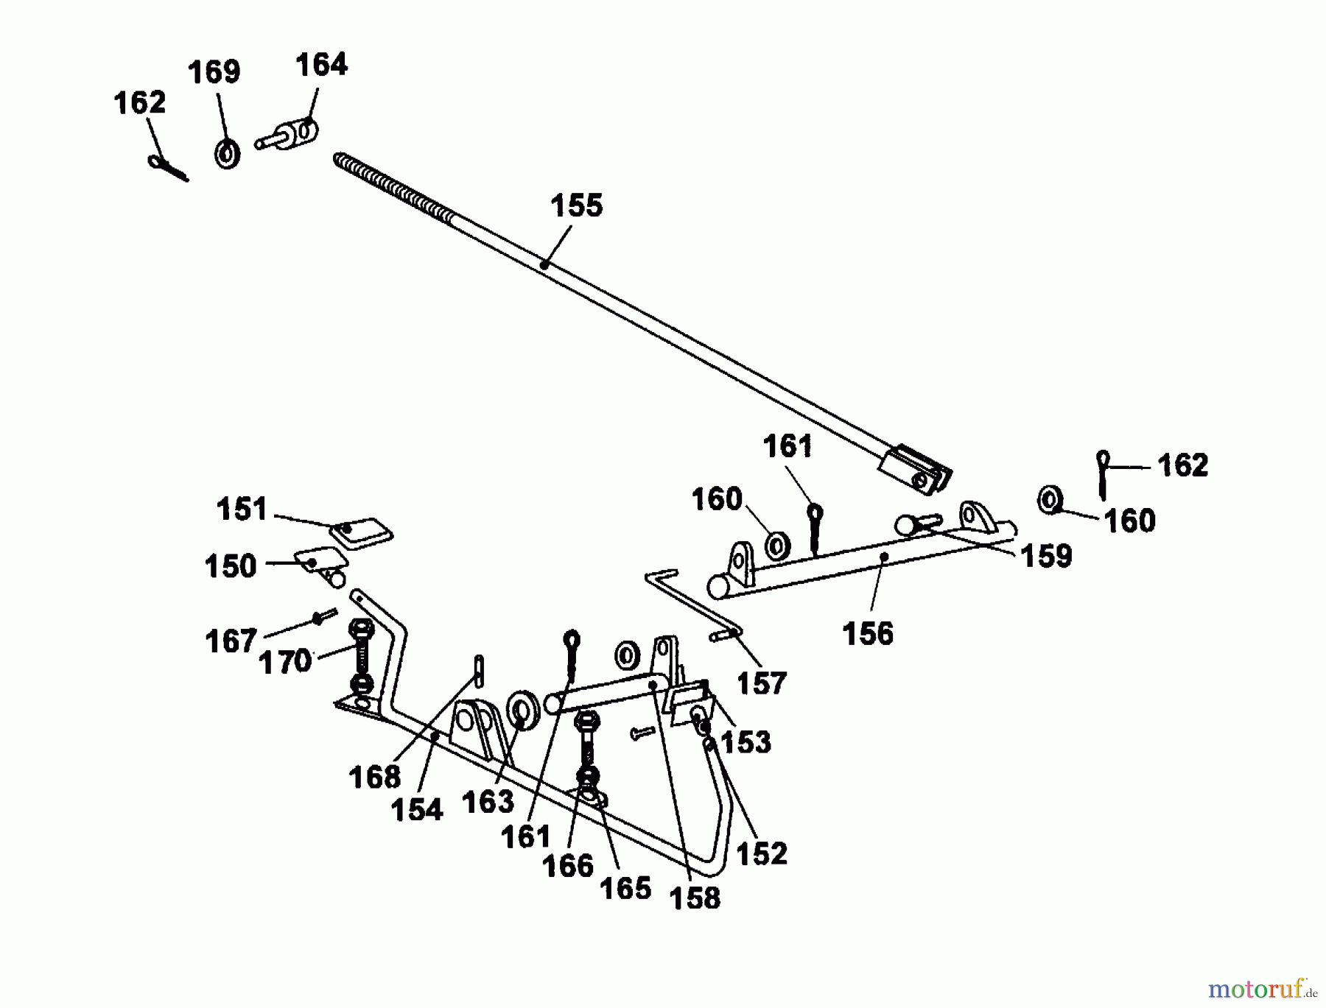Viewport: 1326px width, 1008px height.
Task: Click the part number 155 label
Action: pyautogui.click(x=576, y=205)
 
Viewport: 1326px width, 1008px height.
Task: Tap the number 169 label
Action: pyautogui.click(x=214, y=72)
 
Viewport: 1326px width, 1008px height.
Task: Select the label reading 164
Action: pyautogui.click(x=321, y=65)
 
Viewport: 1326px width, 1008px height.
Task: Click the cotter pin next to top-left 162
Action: pyautogui.click(x=169, y=168)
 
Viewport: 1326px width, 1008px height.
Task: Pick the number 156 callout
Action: pyautogui.click(x=867, y=633)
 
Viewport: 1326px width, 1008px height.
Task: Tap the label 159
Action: pyautogui.click(x=1046, y=557)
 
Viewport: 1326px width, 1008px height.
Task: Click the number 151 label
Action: pyautogui.click(x=242, y=509)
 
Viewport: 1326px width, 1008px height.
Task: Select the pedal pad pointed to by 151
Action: pyautogui.click(x=361, y=532)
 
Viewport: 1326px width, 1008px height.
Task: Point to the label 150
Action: pyautogui.click(x=230, y=566)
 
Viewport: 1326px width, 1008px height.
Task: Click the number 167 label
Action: pyautogui.click(x=231, y=641)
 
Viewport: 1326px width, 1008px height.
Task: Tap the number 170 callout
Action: pyautogui.click(x=285, y=662)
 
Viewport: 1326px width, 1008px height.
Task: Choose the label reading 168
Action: pyautogui.click(x=374, y=776)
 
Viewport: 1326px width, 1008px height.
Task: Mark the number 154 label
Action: pyautogui.click(x=416, y=810)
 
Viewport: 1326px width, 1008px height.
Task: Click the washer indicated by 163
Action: pyautogui.click(x=524, y=711)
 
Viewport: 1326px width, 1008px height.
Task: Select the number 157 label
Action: pyautogui.click(x=762, y=683)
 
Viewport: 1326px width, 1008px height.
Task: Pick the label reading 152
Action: pyautogui.click(x=761, y=853)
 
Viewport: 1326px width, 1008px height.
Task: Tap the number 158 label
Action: pyautogui.click(x=695, y=898)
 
